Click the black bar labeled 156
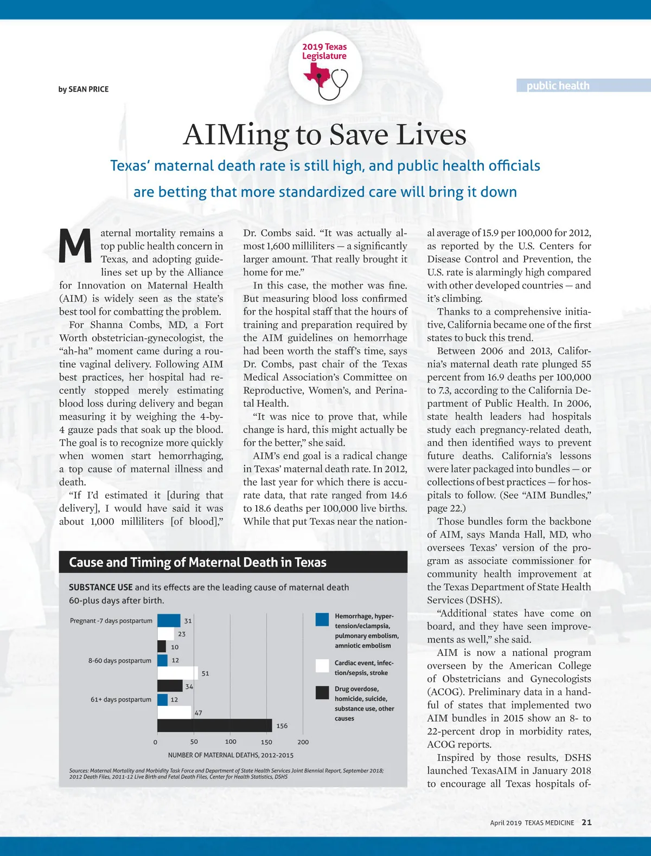tap(215, 725)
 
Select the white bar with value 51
tap(177, 673)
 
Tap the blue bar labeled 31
tap(169, 621)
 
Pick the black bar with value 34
tap(170, 686)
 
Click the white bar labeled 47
tap(175, 712)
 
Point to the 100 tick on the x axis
tap(231, 742)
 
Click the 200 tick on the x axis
tap(303, 742)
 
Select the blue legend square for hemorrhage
tap(322, 620)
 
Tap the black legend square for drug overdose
tap(322, 692)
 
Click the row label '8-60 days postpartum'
tap(120, 660)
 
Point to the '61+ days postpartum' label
tap(121, 699)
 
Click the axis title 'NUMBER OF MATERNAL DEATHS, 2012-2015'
tap(231, 755)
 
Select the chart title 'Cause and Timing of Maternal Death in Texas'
tap(197, 562)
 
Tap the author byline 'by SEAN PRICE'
tap(84, 89)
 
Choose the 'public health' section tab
tap(558, 86)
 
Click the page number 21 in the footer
tap(586, 822)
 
